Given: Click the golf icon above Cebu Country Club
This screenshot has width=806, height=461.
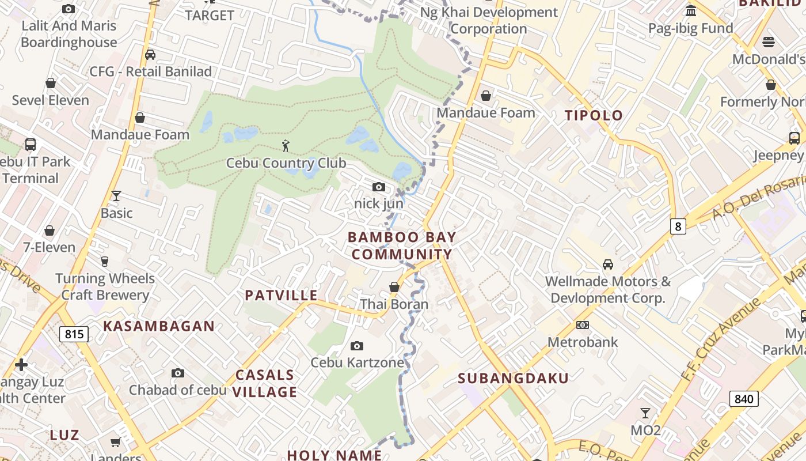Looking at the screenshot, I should click(286, 146).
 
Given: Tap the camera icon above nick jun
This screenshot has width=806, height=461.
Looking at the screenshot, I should click(379, 187).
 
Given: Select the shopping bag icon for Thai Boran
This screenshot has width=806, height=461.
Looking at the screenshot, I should click(394, 287).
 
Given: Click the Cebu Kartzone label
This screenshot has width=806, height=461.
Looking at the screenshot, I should click(357, 362).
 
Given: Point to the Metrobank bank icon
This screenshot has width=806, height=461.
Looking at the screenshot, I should click(583, 325).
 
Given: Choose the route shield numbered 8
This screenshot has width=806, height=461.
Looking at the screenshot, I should click(678, 226).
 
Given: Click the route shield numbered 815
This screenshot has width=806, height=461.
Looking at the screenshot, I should click(74, 334).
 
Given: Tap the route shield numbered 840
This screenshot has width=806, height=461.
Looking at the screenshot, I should click(744, 398).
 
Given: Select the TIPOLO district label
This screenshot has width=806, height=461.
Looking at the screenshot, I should click(594, 115).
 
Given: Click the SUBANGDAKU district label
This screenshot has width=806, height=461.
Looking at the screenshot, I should click(514, 378).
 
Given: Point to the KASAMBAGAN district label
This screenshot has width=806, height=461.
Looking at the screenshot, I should click(159, 326).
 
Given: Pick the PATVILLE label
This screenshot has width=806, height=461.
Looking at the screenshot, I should click(281, 296).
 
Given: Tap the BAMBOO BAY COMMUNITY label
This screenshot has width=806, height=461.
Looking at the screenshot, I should click(402, 245).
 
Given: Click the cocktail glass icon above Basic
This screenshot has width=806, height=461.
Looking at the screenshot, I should click(116, 196).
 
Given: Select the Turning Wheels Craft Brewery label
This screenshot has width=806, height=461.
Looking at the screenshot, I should click(105, 287).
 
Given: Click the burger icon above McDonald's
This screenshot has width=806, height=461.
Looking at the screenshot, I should click(769, 41).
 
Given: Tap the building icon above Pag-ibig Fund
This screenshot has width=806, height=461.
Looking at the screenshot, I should click(691, 10).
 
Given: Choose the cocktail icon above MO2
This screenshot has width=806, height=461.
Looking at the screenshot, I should click(645, 413).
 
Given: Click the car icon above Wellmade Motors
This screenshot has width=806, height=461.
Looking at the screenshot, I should click(607, 264).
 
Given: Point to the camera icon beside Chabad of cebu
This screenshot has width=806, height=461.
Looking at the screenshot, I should click(178, 373).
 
